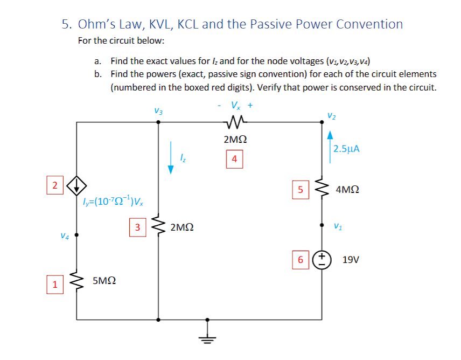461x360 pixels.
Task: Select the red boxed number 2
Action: coord(54,185)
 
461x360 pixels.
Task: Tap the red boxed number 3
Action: coord(138,227)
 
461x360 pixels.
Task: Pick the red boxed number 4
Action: coord(234,159)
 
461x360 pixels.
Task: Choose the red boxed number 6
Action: coord(301,259)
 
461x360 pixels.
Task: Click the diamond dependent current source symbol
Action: coord(76,186)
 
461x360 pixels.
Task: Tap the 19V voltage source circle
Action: coord(323,259)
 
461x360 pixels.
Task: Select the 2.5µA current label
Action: coord(346,149)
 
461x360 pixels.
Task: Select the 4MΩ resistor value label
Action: coord(347,190)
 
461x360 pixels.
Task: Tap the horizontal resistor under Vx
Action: coord(234,123)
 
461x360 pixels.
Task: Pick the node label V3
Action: coord(158,111)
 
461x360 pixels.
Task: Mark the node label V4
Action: coord(64,235)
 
